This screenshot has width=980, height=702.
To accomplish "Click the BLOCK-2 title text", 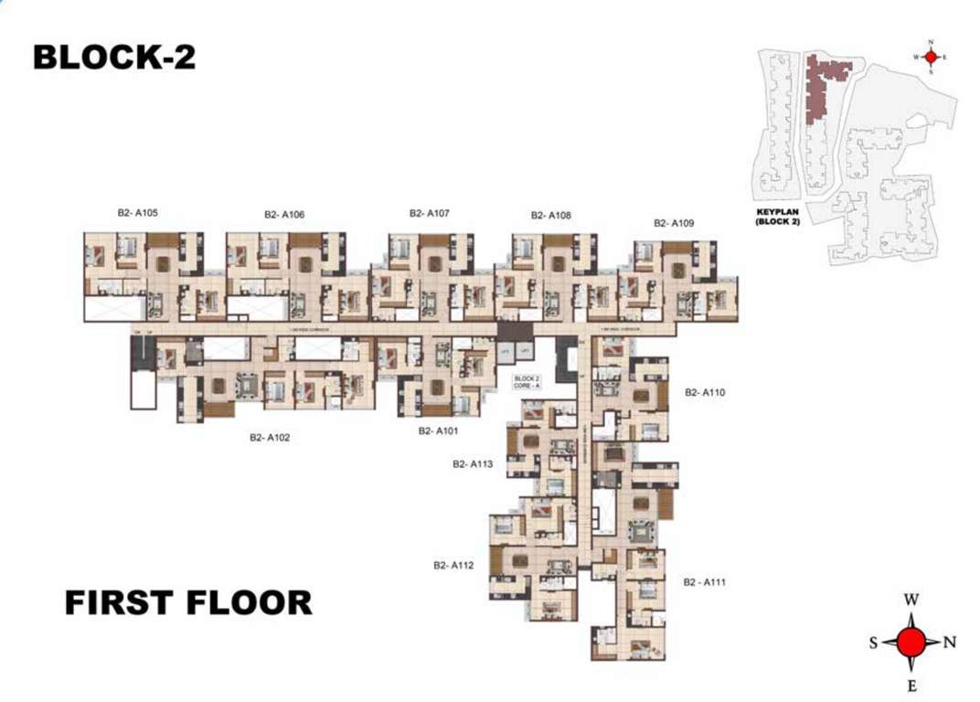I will [114, 57].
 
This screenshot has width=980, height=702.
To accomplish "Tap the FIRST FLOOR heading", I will [188, 602].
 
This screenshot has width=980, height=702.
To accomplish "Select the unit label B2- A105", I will [138, 213].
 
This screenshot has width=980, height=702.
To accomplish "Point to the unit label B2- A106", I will [284, 215].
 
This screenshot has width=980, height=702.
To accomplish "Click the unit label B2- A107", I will [430, 213].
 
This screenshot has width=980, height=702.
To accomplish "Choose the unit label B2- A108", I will [551, 216].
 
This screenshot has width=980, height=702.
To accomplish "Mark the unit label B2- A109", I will [674, 223].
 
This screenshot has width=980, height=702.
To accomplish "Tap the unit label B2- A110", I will [705, 392].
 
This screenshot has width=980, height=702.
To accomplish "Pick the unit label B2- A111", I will [705, 581].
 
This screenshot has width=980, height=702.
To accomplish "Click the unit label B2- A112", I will [453, 566].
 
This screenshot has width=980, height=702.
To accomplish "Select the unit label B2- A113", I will [473, 464].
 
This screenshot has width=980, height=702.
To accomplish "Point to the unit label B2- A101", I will [438, 431].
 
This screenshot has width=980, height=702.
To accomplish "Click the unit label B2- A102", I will [270, 438].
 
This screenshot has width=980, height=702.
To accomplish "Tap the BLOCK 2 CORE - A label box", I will [526, 382].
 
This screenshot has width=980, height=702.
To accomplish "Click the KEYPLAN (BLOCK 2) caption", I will [778, 217].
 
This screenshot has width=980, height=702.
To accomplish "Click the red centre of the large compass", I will [911, 643].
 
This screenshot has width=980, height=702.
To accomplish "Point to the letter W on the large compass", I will [911, 601].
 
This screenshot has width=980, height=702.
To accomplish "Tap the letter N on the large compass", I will [950, 643].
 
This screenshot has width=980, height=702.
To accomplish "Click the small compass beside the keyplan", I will [931, 57].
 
